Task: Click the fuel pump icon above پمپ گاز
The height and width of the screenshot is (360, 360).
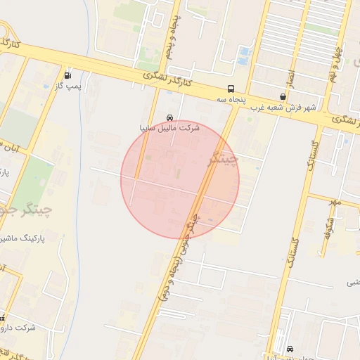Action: [x=67, y=75]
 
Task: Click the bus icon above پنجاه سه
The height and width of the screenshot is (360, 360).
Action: [x=231, y=89]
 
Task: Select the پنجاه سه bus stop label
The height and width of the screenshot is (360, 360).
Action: [x=231, y=100]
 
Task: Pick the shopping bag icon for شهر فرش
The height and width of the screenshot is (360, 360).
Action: [x=283, y=97]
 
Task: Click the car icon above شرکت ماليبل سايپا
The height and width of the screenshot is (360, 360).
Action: [x=169, y=118]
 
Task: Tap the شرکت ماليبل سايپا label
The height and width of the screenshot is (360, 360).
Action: [x=170, y=129]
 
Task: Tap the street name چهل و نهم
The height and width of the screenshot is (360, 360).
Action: [x=337, y=60]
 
